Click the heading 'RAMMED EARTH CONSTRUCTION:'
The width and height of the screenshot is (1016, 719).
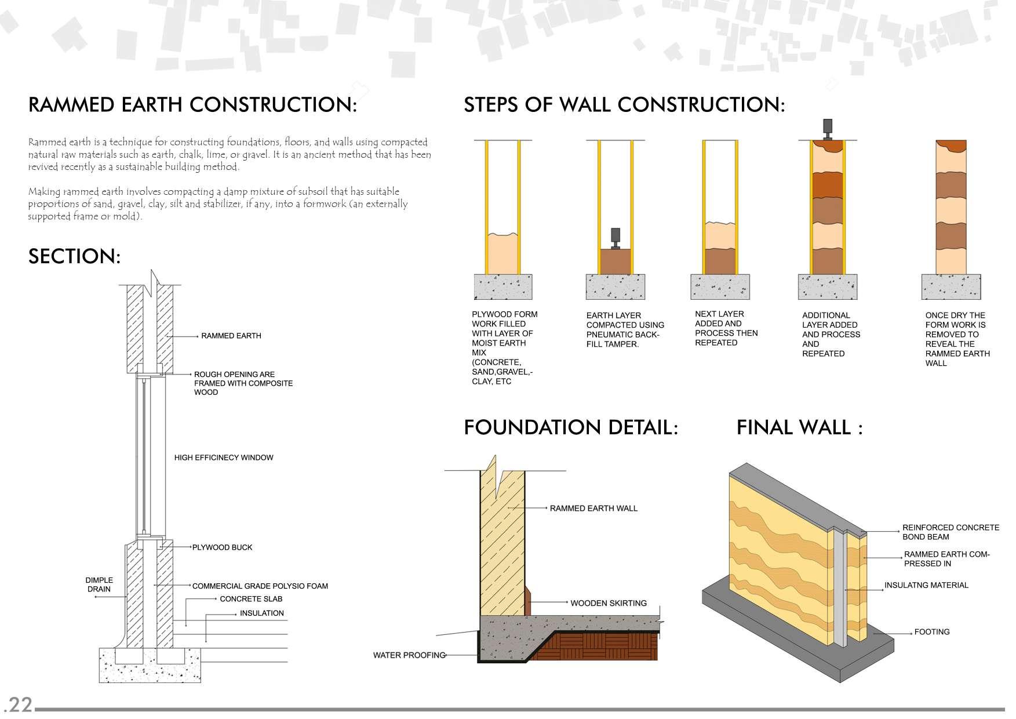pos(192,105)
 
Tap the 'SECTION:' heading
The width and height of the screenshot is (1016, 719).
pos(74,256)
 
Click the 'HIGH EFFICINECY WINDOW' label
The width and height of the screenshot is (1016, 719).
pos(224,457)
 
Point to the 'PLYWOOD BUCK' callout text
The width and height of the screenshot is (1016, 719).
pos(222,547)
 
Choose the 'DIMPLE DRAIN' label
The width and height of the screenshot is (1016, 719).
pos(99,584)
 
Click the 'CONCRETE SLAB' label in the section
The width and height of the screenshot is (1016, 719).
pos(251,599)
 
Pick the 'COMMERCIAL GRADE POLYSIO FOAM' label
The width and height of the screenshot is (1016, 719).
pos(260,586)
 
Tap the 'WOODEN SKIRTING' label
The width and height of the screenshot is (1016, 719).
pos(609,603)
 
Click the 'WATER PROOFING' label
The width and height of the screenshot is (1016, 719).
pos(409,655)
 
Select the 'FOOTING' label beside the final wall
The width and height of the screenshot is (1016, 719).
pos(931,632)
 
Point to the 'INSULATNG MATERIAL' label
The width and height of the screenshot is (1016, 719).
pos(926,585)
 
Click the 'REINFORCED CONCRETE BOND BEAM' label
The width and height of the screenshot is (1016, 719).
pos(951,532)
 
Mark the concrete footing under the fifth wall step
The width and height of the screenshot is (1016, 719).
pos(951,286)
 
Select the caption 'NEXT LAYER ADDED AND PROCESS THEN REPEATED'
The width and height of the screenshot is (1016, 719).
pos(726,328)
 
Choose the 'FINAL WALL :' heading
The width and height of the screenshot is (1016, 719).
pos(799,428)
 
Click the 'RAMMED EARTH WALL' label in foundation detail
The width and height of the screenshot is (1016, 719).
pos(593,509)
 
